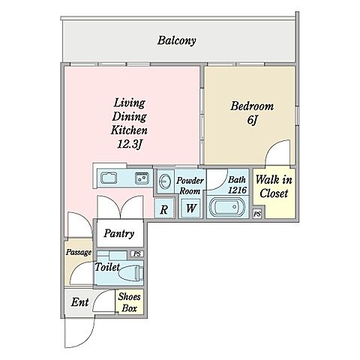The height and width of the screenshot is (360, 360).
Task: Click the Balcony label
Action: tap(176, 40)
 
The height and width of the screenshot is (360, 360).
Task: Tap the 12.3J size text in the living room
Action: tap(130, 144)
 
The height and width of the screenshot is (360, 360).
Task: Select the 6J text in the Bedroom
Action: tap(252, 120)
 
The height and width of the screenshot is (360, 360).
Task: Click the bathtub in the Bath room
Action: tap(227, 207)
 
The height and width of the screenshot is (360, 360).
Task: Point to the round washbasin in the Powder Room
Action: tap(165, 180)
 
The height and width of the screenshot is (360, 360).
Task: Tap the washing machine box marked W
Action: tap(190, 208)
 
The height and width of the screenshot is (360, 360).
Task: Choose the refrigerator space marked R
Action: tap(164, 208)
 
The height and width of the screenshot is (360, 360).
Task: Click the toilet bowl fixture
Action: tap(132, 273)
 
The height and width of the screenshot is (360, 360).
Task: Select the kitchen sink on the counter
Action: tap(109, 178)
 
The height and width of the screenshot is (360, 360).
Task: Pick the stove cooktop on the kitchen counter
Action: tap(142, 178)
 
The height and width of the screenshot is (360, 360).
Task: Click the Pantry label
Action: tap(119, 233)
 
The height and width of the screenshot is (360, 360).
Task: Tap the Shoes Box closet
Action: tap(129, 302)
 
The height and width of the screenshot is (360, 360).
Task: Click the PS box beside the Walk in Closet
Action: tap(257, 214)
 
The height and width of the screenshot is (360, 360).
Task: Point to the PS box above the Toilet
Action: tap(137, 254)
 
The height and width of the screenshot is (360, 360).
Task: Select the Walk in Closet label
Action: tap(274, 187)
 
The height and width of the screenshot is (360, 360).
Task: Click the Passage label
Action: tap(79, 252)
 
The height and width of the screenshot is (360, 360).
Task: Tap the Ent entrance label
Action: tap(79, 302)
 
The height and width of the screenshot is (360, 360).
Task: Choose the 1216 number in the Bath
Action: tap(238, 190)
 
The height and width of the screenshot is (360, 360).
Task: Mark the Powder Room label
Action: tap(190, 186)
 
